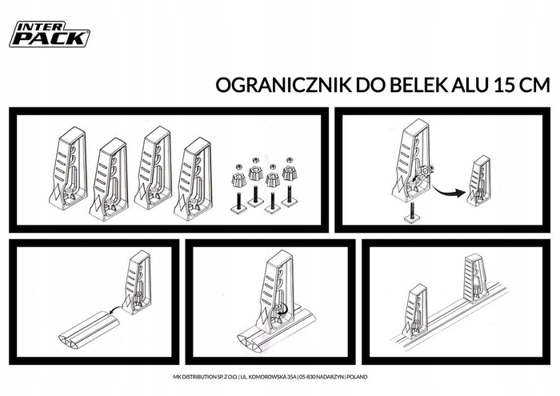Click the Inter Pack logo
tap(50, 34)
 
